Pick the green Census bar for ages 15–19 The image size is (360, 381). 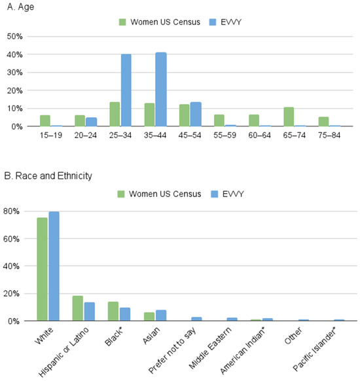[x=45, y=120]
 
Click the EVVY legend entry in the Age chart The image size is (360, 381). [x=225, y=23]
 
